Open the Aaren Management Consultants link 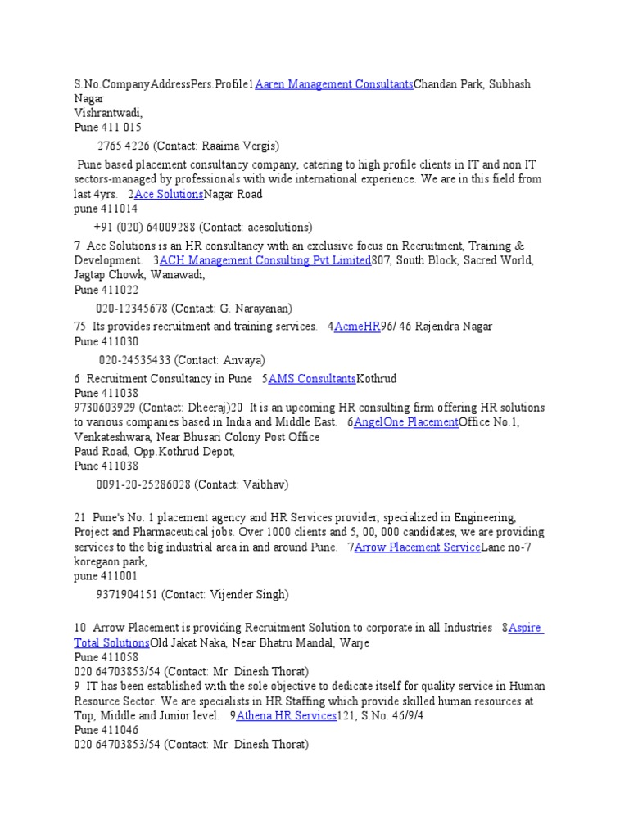coord(334,84)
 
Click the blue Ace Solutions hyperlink coord(169,194)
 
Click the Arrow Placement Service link coord(417,547)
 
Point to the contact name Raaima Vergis coord(247,146)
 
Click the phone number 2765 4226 coord(123,146)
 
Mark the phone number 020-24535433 coord(134,359)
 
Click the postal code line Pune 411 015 coord(107,128)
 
